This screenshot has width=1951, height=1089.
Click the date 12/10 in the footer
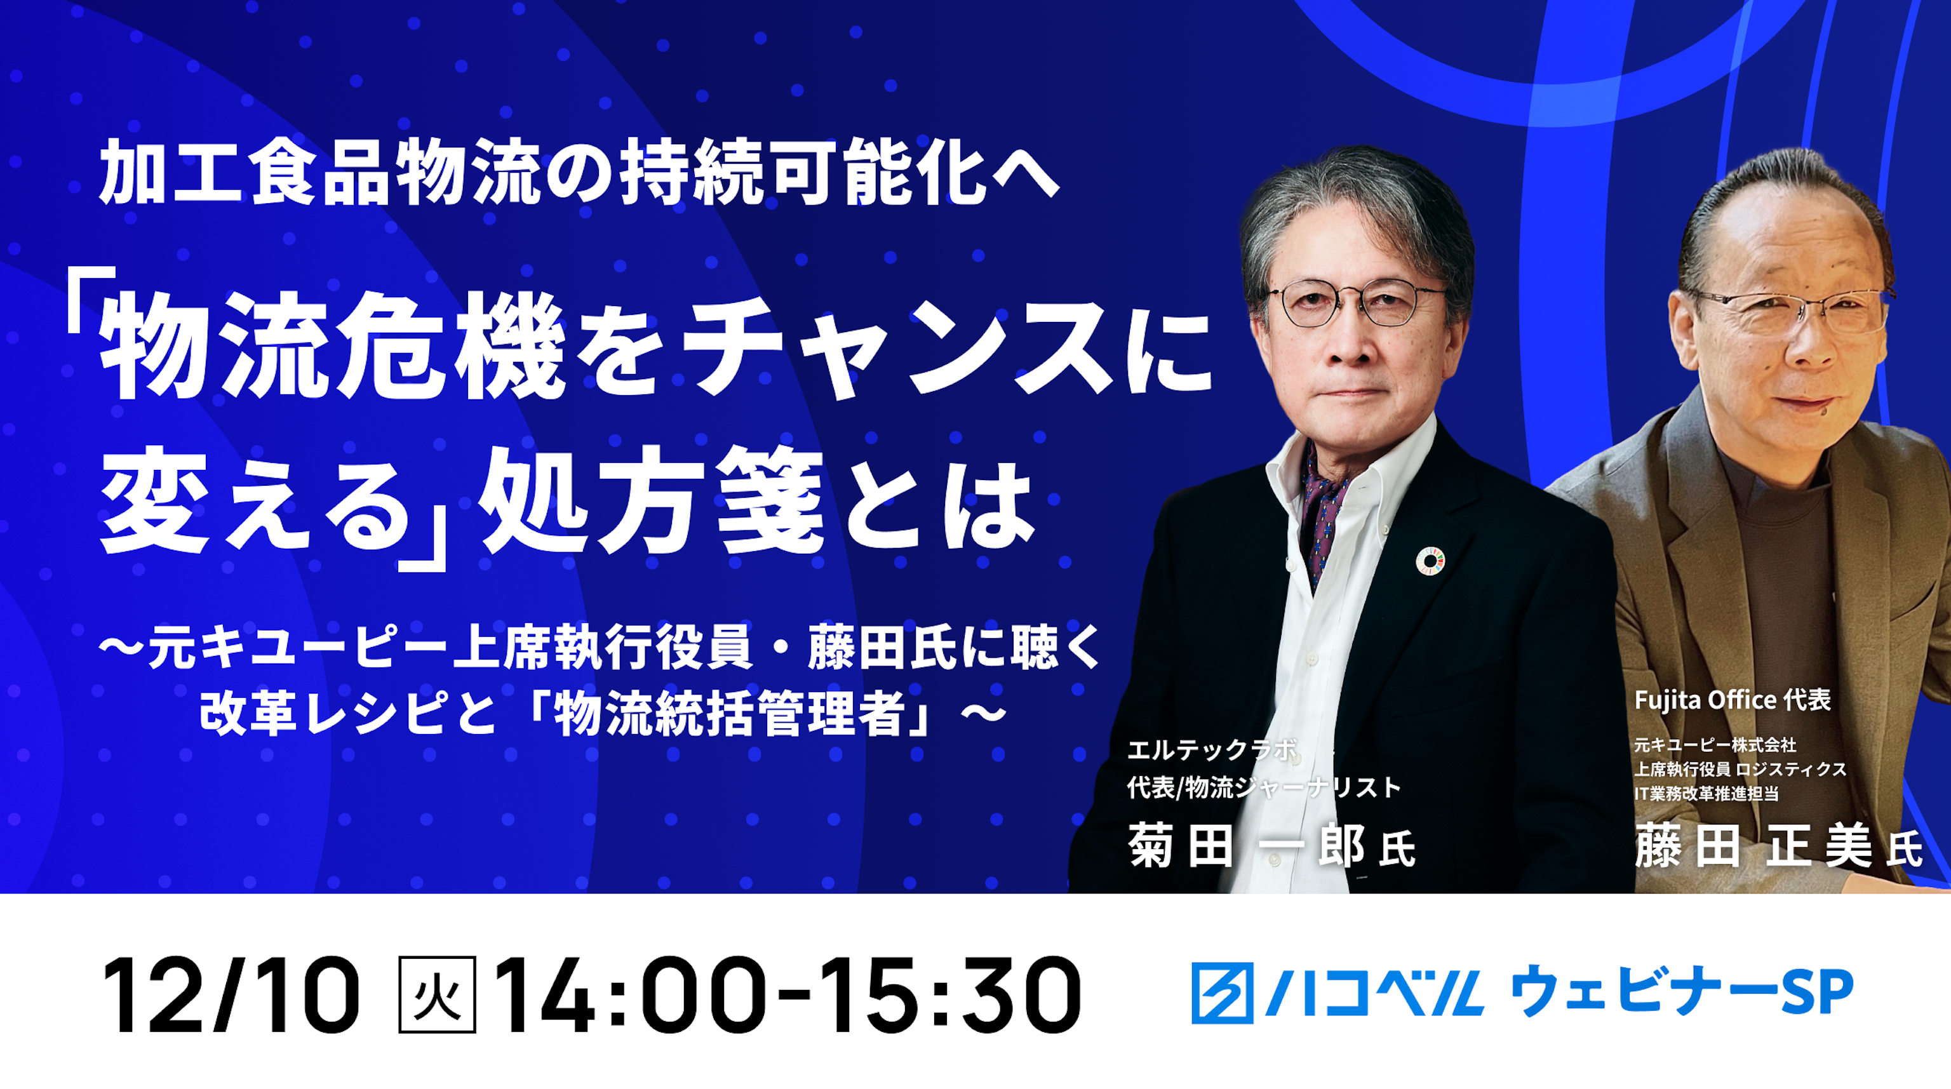point(231,994)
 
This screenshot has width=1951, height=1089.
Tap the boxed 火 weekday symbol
point(437,994)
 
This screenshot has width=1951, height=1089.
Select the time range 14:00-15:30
point(788,994)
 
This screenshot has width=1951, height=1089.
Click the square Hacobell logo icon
point(1223,993)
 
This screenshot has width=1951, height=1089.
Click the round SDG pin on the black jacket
point(1430,561)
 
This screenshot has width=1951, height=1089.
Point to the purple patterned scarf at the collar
point(1322,507)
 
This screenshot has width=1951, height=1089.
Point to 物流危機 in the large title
point(333,347)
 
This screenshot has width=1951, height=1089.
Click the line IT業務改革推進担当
point(1706,794)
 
